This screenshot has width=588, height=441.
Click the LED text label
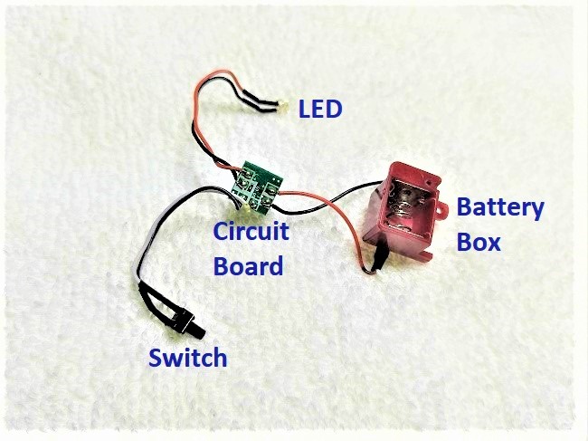click(x=320, y=110)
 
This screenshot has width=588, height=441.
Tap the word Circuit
click(x=251, y=232)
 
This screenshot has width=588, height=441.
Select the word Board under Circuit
click(x=248, y=266)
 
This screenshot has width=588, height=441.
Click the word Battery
click(x=500, y=208)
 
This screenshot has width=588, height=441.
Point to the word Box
click(x=478, y=244)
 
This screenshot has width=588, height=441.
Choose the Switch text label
click(x=188, y=358)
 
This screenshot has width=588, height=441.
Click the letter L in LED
click(x=305, y=110)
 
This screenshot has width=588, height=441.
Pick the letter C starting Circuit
click(x=221, y=232)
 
